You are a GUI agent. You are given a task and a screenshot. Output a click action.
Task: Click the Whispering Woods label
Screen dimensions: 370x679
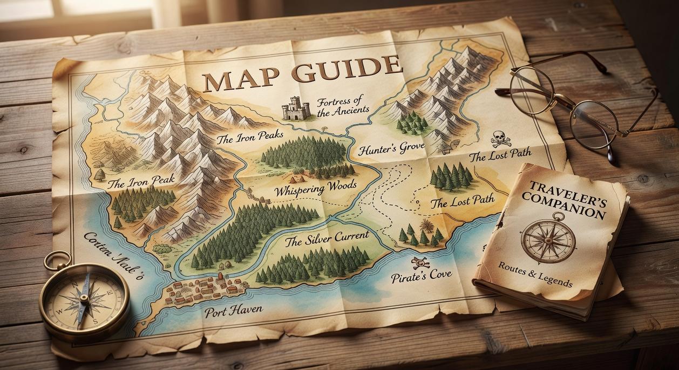(x=315, y=189)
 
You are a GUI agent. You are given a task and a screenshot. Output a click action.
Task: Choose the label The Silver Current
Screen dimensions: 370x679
(x=327, y=237)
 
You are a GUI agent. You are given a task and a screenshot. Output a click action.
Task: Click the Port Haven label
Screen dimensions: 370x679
(x=233, y=310)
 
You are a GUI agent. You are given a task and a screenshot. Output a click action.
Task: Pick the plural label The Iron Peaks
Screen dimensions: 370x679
(x=249, y=138)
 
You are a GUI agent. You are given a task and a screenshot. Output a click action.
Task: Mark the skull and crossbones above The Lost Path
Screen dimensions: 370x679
(x=500, y=139)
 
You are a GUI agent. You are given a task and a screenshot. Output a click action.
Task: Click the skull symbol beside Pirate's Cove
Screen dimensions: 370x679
(x=420, y=263)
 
